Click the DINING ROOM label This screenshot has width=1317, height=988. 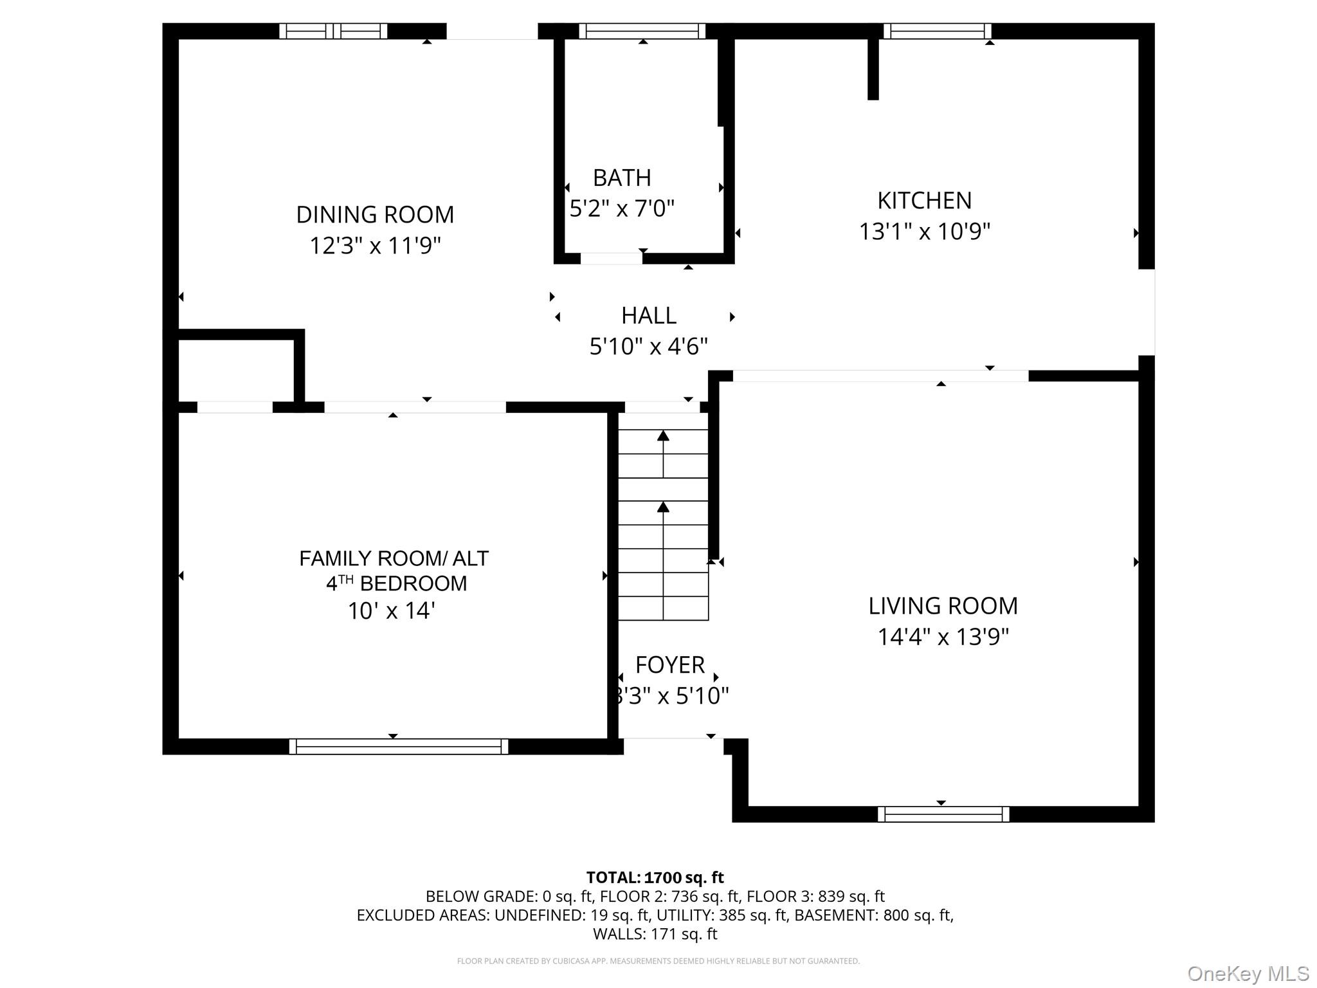pos(375,214)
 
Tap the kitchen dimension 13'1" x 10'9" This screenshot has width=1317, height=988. pos(924,231)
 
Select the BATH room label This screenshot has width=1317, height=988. pos(621,178)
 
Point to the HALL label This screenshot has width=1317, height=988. pos(648,316)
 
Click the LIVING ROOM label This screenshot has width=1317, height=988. pos(943,606)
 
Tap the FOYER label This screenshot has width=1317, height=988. pos(669,664)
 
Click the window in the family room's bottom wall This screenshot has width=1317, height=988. pos(398,746)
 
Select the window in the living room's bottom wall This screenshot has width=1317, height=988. pos(943,814)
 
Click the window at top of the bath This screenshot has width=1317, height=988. pos(642,31)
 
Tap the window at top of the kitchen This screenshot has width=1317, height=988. pos(936,31)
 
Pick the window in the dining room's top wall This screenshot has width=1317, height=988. pos(333,31)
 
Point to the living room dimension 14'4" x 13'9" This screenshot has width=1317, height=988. pos(943,637)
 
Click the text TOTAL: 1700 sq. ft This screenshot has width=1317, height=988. pos(655,877)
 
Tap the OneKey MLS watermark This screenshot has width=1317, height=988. pos(1248,973)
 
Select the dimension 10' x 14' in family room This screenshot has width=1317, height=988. pos(391,610)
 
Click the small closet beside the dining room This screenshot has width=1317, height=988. pos(235,370)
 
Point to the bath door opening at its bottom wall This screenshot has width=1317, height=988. pos(611,259)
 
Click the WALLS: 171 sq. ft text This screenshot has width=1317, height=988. pos(655,933)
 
